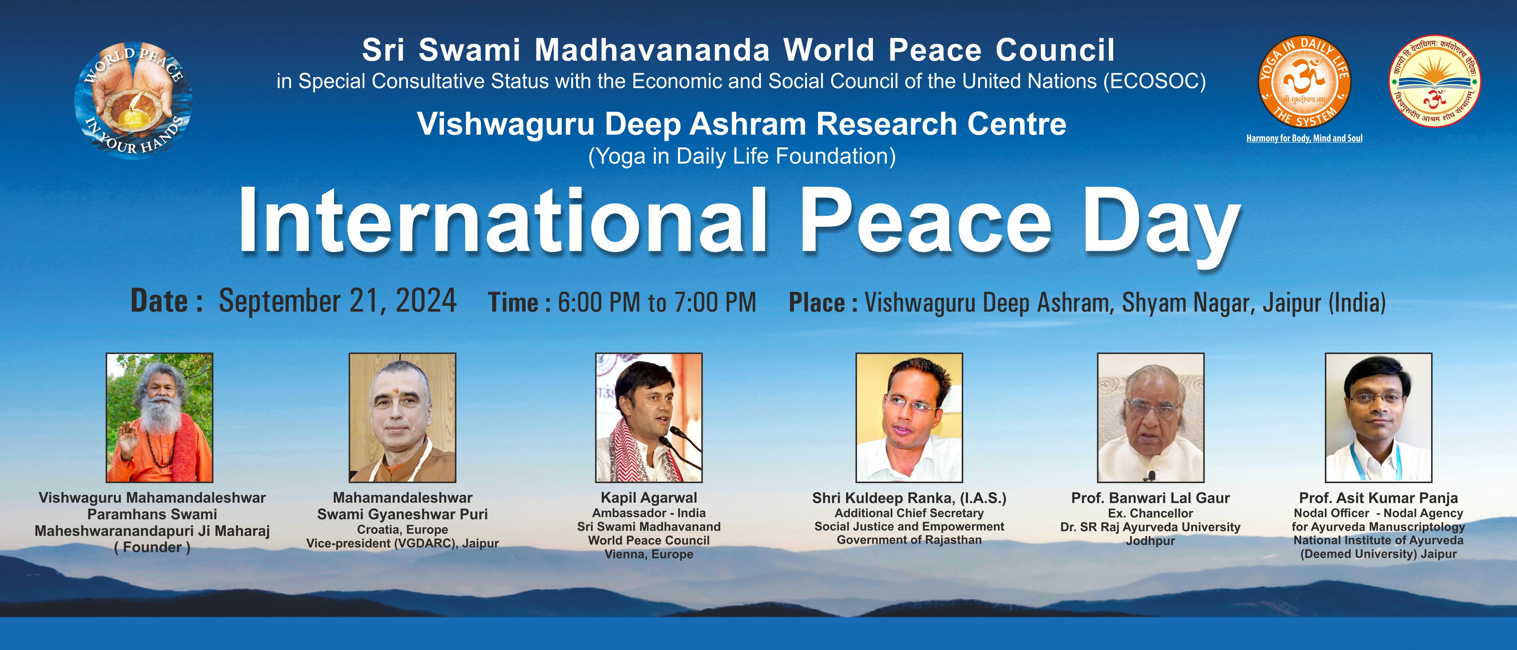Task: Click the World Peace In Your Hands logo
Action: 133,100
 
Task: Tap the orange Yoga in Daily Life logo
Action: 1304,82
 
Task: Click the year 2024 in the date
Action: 426,301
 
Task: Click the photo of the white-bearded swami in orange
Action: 160,417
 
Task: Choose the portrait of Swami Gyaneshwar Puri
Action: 402,417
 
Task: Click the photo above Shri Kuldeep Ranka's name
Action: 909,417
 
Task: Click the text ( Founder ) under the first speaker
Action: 152,547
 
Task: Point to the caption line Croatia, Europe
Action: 402,529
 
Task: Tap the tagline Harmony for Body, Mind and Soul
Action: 1304,138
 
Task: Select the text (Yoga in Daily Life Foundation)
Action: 742,156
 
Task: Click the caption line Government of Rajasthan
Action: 909,540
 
